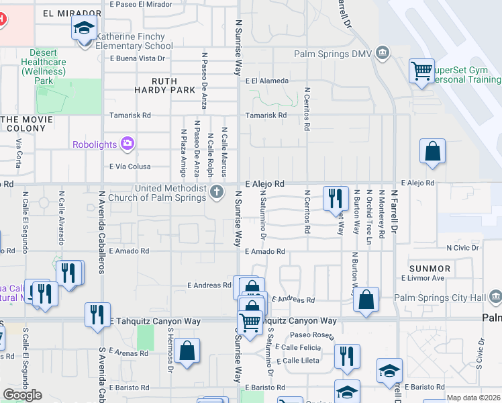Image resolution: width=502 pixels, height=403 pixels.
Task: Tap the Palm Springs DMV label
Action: pos(334,54)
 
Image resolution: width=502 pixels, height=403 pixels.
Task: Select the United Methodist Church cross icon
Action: pos(217,193)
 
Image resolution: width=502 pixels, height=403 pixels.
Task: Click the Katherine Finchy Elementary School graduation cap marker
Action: pos(85,29)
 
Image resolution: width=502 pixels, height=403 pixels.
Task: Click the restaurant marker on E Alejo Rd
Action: pos(336,197)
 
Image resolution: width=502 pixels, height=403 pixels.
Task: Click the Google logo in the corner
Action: pos(22,394)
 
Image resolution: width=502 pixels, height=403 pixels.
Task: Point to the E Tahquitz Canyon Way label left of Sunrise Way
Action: pos(155,321)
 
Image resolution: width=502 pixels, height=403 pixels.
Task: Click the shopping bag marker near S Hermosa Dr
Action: pos(188,349)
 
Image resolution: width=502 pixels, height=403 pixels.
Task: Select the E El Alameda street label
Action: pos(267,81)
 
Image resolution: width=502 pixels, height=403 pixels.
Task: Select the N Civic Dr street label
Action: pos(462,248)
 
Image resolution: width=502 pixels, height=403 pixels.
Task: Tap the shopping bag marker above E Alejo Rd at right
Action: pos(433,151)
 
